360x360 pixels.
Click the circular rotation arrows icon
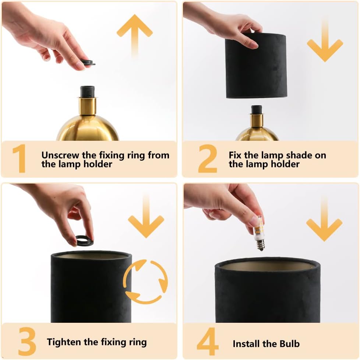click(145, 282)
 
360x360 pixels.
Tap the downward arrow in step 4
click(324, 223)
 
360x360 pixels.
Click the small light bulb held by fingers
click(260, 233)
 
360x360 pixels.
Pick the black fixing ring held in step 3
click(84, 241)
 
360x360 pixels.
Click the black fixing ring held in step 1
click(88, 63)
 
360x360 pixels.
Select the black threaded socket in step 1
click(88, 92)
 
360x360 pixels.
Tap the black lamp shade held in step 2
click(256, 66)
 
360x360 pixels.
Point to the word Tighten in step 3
click(64, 342)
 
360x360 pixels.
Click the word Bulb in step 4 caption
click(289, 344)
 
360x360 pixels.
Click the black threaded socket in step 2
click(257, 109)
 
